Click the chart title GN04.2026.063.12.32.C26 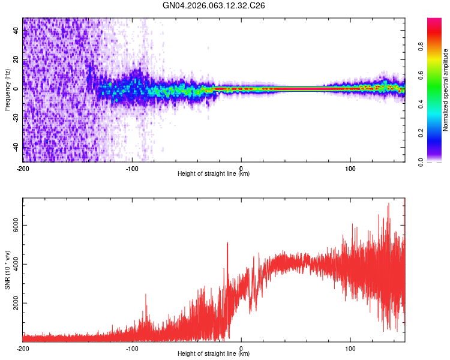pos(214,5)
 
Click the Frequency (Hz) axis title pos(7,90)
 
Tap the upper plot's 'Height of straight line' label pos(214,174)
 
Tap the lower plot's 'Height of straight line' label pos(214,354)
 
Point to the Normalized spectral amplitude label pos(446,90)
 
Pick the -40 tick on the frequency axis pos(15,147)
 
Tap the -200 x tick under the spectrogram pos(23,168)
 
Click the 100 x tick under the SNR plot pos(350,348)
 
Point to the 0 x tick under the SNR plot pos(241,348)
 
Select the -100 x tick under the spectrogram pos(132,168)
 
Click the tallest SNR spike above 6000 pos(389,204)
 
